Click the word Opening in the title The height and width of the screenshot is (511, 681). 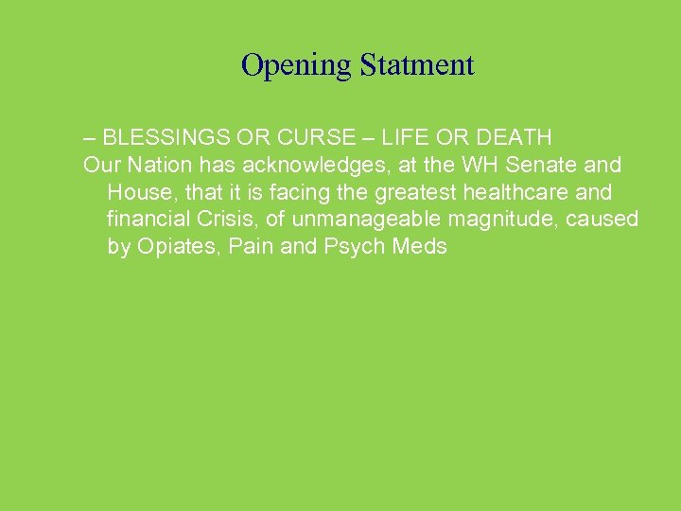[295, 65]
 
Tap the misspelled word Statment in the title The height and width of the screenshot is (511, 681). [415, 65]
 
